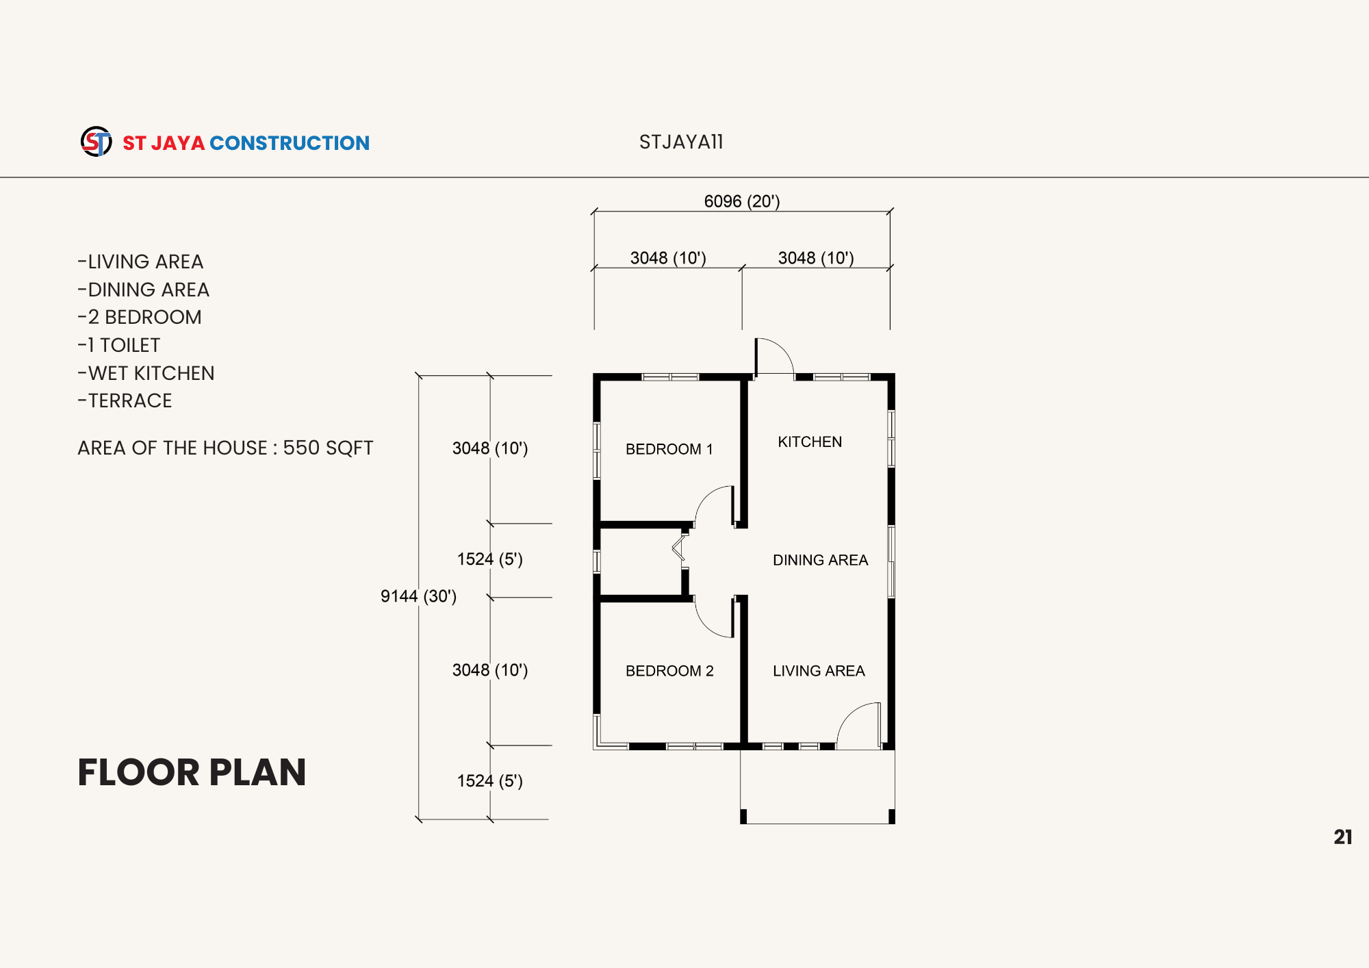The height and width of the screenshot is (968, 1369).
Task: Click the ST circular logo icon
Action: (x=96, y=142)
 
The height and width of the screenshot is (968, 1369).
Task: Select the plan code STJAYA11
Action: (x=681, y=142)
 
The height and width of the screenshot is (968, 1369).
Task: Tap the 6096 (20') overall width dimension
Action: (x=742, y=201)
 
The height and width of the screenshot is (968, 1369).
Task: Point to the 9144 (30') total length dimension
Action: (x=418, y=596)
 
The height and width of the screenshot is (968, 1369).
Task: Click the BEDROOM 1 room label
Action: (x=669, y=449)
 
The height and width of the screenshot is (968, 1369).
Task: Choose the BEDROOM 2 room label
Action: (x=669, y=671)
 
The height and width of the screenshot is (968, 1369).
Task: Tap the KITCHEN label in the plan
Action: (x=810, y=442)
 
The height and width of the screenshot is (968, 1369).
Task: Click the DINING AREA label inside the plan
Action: (x=820, y=560)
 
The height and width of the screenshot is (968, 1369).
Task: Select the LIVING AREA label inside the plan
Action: (x=819, y=671)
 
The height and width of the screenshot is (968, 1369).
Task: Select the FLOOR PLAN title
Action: (x=192, y=772)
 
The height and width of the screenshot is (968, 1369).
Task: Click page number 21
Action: (x=1343, y=837)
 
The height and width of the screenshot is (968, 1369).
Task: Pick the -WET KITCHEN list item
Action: (x=146, y=373)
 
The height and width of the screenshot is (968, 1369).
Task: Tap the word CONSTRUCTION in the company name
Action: (x=290, y=143)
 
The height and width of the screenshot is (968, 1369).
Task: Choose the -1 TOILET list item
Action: (x=118, y=345)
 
